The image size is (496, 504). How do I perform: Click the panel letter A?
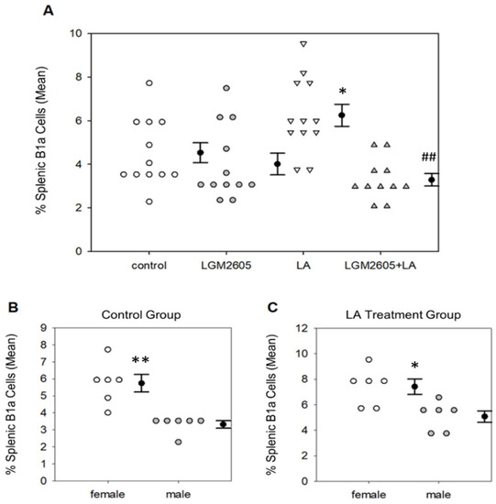click(49, 11)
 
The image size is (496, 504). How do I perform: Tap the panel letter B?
click(13, 307)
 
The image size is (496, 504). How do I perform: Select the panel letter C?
click(272, 307)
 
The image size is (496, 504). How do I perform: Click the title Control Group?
click(141, 314)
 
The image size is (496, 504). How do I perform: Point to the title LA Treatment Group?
click(403, 314)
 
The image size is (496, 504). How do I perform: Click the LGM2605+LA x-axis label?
click(380, 266)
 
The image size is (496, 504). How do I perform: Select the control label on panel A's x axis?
click(149, 266)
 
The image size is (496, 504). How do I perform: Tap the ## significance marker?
click(429, 158)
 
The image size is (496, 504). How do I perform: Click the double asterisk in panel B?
click(140, 361)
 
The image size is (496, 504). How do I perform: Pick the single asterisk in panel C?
click(415, 366)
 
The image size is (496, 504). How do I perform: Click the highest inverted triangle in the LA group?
click(303, 44)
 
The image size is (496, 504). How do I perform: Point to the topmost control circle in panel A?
click(149, 82)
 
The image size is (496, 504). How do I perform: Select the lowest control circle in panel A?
click(149, 202)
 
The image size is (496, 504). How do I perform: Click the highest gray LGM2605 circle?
click(226, 88)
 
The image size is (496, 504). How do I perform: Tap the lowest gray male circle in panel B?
click(179, 442)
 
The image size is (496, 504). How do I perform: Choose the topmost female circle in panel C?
click(369, 359)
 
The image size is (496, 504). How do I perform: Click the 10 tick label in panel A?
click(76, 33)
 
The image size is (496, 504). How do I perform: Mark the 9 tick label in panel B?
click(44, 328)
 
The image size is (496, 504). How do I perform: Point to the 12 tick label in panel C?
click(302, 328)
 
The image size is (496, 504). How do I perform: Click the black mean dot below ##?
click(431, 180)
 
